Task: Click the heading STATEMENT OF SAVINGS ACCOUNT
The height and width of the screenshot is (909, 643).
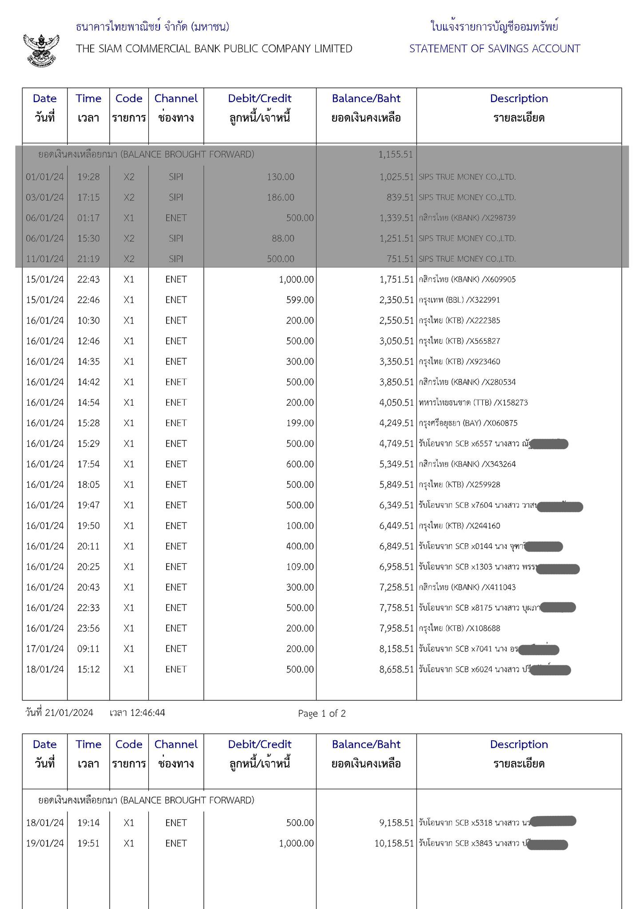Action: click(495, 49)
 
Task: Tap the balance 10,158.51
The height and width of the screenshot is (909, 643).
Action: click(394, 843)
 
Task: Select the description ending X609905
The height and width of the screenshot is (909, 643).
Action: click(467, 280)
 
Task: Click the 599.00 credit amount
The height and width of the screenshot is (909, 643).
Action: click(300, 300)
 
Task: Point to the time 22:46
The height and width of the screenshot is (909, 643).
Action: click(88, 300)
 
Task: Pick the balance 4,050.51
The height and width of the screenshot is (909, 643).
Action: click(396, 403)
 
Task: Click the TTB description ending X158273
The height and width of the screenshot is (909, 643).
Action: click(473, 403)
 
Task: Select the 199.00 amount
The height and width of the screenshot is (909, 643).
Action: click(300, 423)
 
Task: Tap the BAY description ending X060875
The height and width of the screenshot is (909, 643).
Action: click(468, 423)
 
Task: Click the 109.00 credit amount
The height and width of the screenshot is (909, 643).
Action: click(300, 567)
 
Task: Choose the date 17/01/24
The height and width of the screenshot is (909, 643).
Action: click(45, 649)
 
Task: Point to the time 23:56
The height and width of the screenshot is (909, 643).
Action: click(88, 628)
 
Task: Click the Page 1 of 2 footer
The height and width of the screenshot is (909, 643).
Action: click(322, 714)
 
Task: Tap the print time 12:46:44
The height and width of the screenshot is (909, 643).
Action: click(147, 713)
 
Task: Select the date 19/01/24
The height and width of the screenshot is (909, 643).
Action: click(45, 843)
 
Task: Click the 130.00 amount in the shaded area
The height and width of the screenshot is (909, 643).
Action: click(280, 177)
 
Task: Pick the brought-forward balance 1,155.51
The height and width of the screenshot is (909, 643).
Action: click(395, 154)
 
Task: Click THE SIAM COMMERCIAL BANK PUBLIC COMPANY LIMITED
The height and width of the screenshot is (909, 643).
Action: click(214, 49)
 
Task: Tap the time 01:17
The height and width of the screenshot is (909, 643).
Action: click(88, 218)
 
